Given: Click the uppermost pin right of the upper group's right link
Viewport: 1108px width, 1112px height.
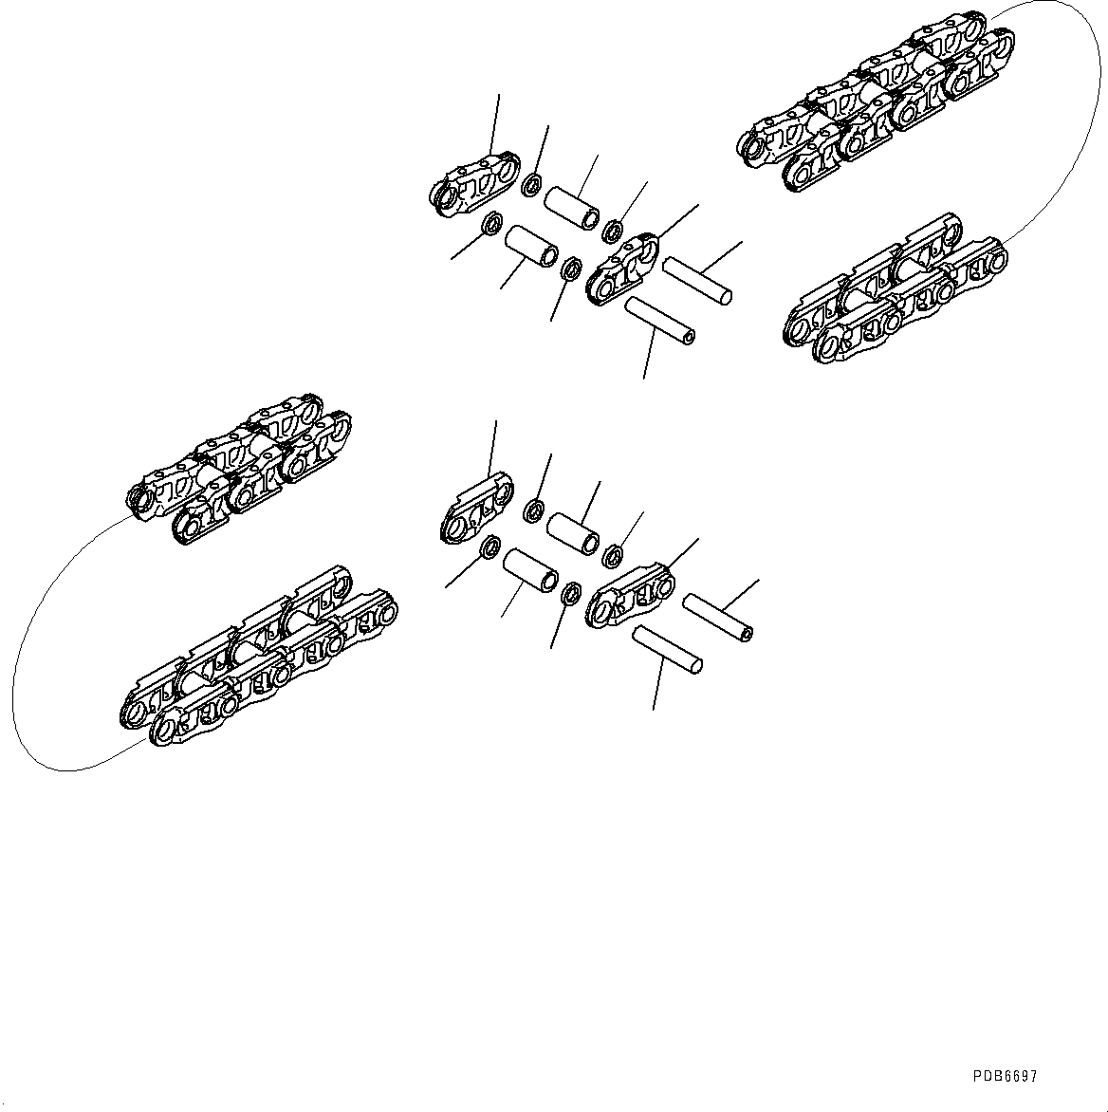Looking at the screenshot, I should pos(697,282).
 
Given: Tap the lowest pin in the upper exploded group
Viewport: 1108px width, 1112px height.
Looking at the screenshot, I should pos(660,319).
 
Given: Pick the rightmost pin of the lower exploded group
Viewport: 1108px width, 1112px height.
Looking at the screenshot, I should pos(719,616).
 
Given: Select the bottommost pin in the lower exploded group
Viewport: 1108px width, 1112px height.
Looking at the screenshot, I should pos(668,650).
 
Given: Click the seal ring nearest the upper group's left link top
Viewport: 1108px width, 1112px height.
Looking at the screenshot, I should pos(533,182).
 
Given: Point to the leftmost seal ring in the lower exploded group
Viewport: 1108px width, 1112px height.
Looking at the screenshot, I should pos(490,547).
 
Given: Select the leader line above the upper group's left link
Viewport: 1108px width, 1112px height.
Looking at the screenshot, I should pos(495,123).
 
